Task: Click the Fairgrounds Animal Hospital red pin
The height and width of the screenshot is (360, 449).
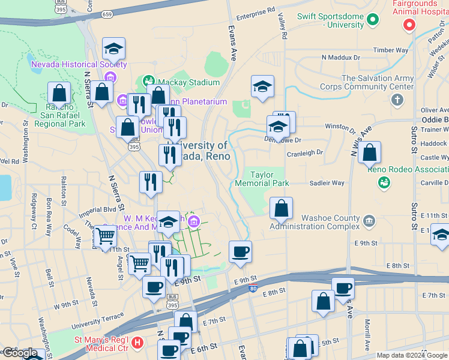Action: click(409, 25)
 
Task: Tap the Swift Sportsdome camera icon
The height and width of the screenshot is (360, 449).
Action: click(373, 20)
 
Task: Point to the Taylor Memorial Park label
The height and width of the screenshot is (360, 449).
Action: click(262, 178)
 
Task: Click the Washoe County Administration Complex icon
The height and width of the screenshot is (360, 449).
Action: click(369, 220)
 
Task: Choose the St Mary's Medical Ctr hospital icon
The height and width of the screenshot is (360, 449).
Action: click(137, 343)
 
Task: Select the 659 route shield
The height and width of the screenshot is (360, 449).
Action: click(107, 14)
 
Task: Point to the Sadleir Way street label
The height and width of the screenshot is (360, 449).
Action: click(327, 183)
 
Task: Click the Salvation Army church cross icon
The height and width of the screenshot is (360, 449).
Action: click(397, 100)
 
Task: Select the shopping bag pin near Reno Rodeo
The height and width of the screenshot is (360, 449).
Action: click(370, 154)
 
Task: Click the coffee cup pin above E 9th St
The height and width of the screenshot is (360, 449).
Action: click(241, 253)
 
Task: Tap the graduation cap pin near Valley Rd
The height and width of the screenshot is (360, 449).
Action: click(262, 88)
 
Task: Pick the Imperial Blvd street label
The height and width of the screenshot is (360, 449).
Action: click(100, 210)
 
